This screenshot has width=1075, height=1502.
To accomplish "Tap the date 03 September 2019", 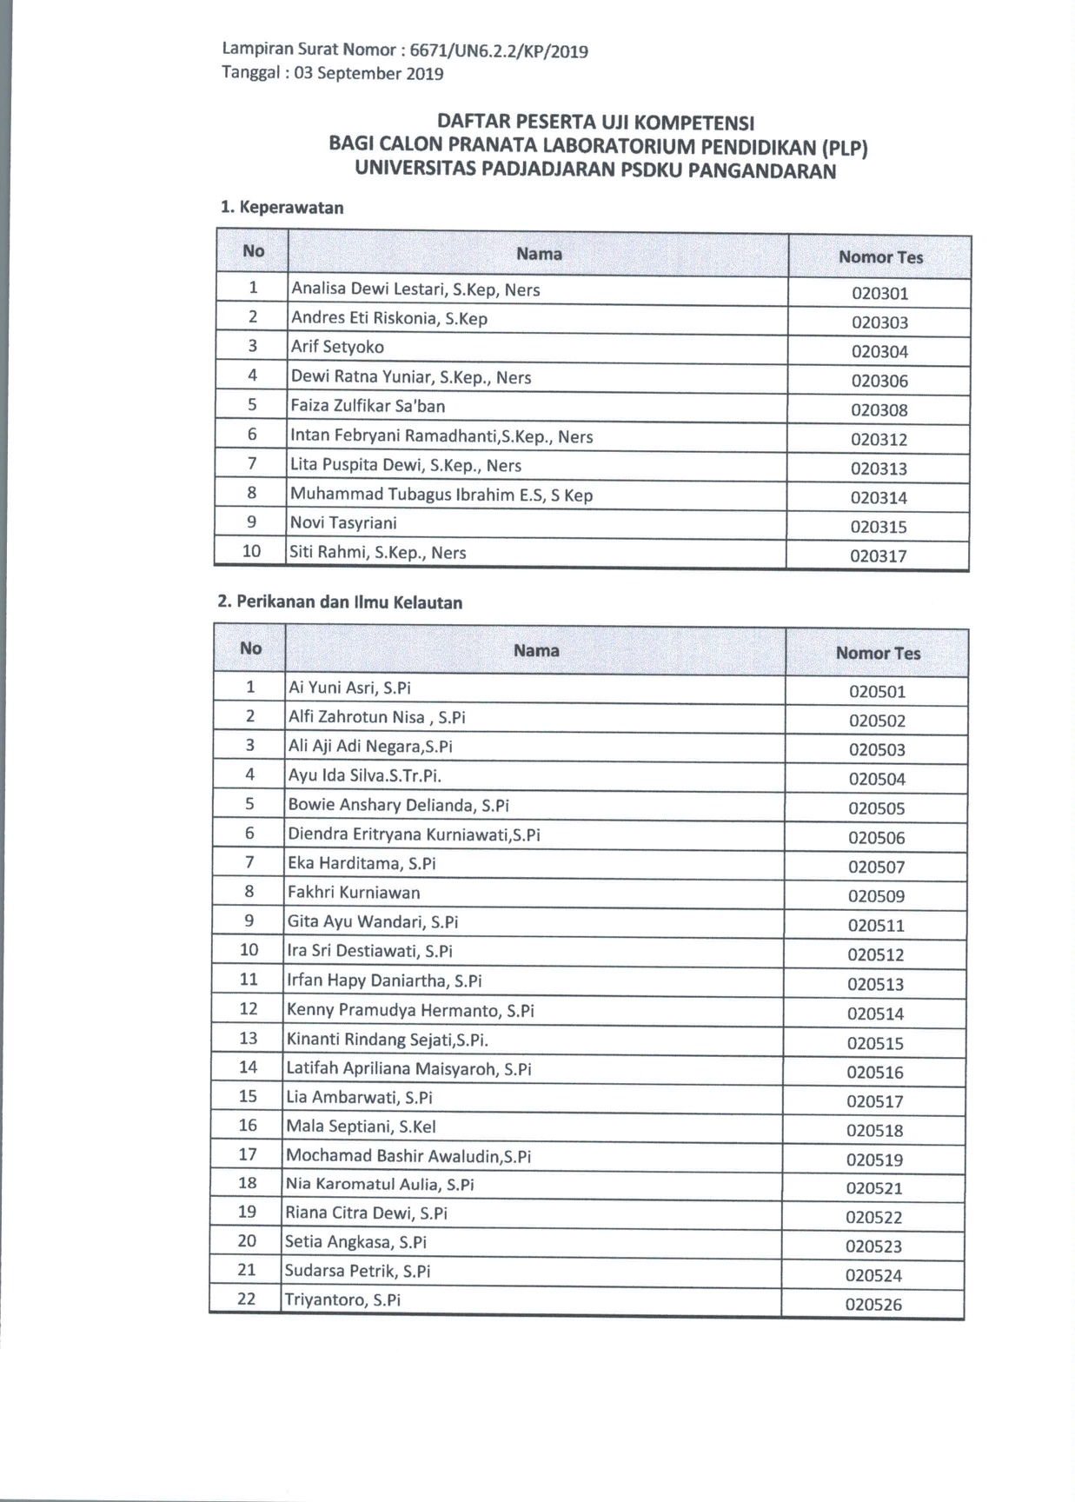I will pos(368,73).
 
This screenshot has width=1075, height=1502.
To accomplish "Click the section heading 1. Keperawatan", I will pos(282,207).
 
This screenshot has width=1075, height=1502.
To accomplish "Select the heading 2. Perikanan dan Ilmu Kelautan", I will pos(340,601).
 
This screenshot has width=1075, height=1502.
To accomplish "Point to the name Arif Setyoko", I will pos(337,347).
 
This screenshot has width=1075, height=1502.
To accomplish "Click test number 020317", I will pos(879,556).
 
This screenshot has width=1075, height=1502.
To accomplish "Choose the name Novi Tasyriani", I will pos(343,522).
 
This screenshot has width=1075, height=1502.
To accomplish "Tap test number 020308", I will pos(879,410).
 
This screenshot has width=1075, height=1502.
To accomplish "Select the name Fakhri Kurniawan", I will pos(354,892).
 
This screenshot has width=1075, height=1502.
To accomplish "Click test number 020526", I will pos(873,1304).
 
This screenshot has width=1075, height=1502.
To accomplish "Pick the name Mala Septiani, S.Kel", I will pos(361,1126).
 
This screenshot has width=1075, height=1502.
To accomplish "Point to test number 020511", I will pos(876,926).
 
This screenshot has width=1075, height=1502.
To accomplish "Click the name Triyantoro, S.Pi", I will pos(342,1300).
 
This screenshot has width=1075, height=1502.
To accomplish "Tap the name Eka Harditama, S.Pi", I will pos(362,863).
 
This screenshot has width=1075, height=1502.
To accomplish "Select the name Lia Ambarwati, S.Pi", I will pos(359,1097).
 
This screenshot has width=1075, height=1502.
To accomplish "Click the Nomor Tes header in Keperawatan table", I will pos(880,257).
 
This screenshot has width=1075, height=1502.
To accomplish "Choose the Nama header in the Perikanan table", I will pos(536,650).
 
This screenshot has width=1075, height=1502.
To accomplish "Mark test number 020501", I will pos(877,692).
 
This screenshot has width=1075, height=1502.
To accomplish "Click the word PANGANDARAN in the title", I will pos(762,170).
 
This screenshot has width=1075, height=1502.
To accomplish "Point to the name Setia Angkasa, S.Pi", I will pos(355,1242).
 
